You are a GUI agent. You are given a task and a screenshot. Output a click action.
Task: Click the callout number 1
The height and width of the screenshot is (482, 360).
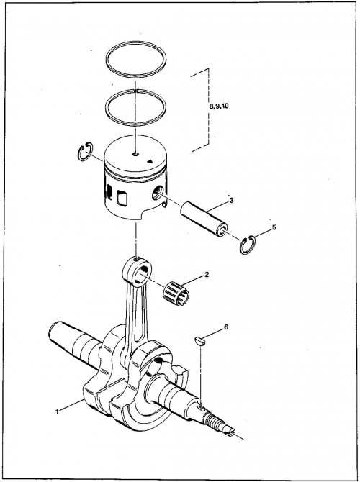(x=57, y=412)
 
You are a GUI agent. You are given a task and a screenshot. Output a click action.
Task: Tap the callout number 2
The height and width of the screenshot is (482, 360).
(x=207, y=275)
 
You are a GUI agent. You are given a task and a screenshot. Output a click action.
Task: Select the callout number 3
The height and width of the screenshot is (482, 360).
(x=231, y=201)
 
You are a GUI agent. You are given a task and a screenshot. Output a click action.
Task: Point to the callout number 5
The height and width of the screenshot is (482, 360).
(x=274, y=227)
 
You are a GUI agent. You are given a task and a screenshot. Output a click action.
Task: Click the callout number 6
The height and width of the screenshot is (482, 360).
(x=226, y=327)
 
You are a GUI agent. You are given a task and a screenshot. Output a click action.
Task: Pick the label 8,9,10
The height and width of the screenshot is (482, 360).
(x=219, y=106)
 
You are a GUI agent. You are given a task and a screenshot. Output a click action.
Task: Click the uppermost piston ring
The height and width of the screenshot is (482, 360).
(x=135, y=59)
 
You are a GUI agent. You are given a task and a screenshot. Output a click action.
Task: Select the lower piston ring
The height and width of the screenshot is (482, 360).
(x=135, y=107)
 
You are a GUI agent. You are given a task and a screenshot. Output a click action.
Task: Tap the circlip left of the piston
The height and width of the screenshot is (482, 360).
(x=85, y=152)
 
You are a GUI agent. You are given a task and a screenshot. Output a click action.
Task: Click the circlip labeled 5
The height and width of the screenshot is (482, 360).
(x=248, y=245)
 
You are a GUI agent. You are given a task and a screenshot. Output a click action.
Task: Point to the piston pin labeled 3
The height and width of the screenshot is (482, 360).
(x=204, y=218)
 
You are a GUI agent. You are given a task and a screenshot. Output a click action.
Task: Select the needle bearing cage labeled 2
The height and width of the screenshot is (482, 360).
(x=176, y=294)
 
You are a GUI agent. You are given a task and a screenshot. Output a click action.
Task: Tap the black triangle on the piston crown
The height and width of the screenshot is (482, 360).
(x=150, y=161)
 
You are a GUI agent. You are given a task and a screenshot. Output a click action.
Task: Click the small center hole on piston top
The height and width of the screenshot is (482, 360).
(x=135, y=154)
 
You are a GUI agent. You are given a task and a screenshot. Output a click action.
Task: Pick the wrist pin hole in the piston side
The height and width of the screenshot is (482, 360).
(x=158, y=194)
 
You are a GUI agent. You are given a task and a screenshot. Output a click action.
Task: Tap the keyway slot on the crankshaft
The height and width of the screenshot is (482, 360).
(x=201, y=408)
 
